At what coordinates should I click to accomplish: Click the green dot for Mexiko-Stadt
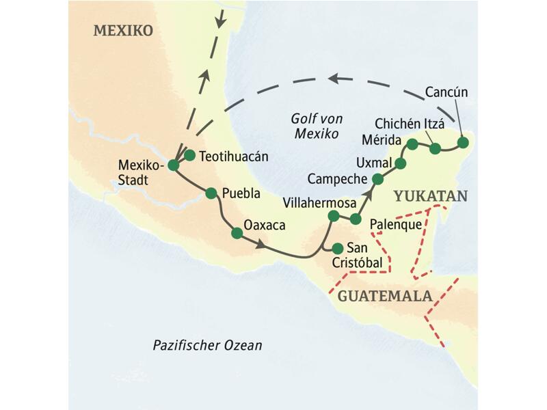[x=174, y=165]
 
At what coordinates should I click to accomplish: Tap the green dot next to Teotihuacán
[x=190, y=155]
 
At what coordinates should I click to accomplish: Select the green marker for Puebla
[x=212, y=193]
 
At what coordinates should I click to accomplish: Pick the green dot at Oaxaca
[x=237, y=233]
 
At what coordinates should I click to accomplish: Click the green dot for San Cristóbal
[x=336, y=247]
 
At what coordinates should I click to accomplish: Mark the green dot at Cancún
[x=463, y=143]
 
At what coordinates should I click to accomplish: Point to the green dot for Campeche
[x=377, y=179]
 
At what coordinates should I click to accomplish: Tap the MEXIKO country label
[x=123, y=31]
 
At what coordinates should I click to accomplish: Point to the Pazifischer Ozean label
[x=207, y=346]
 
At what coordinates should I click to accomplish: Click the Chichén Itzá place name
[x=410, y=124]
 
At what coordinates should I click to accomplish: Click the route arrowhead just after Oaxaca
[x=261, y=244]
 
